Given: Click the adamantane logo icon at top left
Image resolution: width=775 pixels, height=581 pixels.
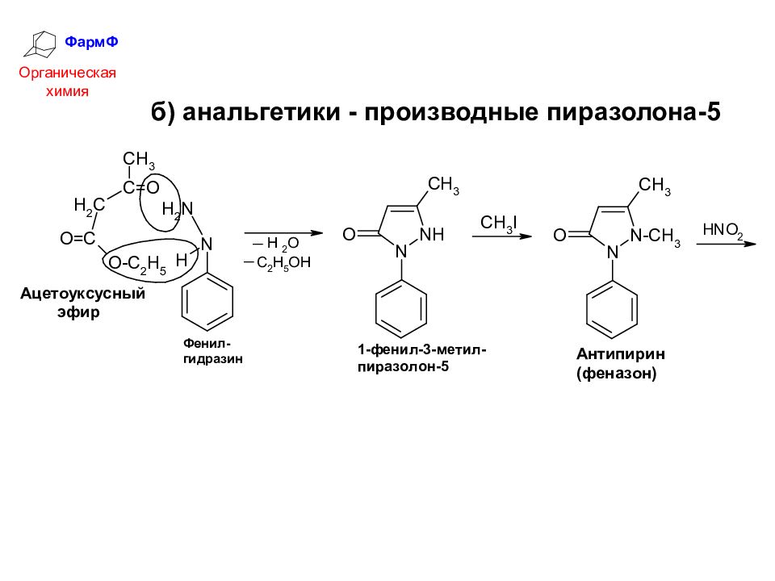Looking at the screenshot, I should pyautogui.click(x=43, y=44).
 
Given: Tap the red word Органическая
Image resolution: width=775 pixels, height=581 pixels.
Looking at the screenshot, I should pyautogui.click(x=69, y=73).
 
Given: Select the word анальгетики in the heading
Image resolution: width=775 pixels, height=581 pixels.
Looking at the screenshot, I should pyautogui.click(x=260, y=111).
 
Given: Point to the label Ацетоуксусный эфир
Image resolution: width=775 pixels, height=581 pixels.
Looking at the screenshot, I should pyautogui.click(x=82, y=303).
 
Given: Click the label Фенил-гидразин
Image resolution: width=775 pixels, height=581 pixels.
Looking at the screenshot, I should pyautogui.click(x=213, y=351).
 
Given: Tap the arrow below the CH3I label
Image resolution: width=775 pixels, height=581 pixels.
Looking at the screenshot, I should pyautogui.click(x=501, y=236).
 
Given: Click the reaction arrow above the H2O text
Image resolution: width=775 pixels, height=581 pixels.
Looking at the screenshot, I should pyautogui.click(x=283, y=232).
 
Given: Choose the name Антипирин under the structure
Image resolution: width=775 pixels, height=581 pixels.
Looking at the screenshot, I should pyautogui.click(x=614, y=354).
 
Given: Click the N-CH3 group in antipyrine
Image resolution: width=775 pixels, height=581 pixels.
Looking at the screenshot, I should pyautogui.click(x=655, y=235).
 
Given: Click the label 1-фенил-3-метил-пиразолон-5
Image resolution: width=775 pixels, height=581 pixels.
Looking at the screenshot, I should pyautogui.click(x=422, y=357).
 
